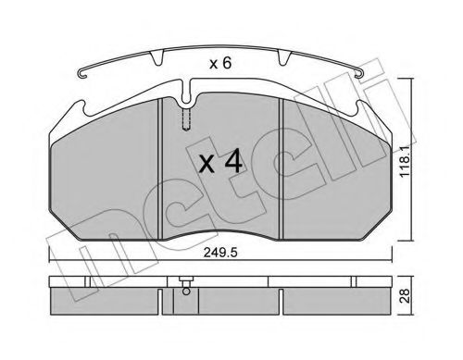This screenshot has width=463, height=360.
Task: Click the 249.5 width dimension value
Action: tap(219, 253)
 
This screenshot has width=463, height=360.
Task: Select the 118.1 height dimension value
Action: tap(405, 161)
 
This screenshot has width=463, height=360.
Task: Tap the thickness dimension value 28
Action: tap(405, 295)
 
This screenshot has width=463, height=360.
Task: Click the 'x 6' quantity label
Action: tap(220, 64)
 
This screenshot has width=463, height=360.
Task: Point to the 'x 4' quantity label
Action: tap(220, 163)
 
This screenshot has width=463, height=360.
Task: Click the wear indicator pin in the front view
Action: tap(186, 119)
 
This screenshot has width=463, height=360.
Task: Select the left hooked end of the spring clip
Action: tap(82, 75)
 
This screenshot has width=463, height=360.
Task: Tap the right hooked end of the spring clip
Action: tap(360, 74)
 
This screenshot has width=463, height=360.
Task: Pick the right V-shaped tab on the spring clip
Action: tap(284, 58)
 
